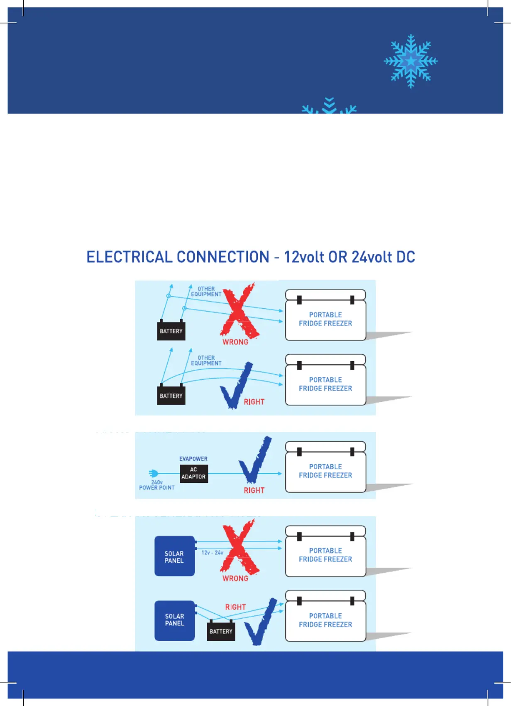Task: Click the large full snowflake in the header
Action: click(x=411, y=61)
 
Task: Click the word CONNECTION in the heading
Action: click(x=223, y=257)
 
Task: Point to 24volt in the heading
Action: click(x=372, y=257)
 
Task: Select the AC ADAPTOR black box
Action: click(x=193, y=473)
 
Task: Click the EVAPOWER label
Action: click(x=193, y=459)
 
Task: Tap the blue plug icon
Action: click(x=153, y=473)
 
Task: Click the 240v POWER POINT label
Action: click(x=157, y=485)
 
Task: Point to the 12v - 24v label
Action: click(x=212, y=553)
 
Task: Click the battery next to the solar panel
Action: click(x=221, y=630)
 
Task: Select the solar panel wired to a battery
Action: click(x=174, y=620)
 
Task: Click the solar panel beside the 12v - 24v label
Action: click(x=174, y=556)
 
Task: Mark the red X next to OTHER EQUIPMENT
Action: click(x=239, y=310)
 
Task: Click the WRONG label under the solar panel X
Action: click(x=235, y=578)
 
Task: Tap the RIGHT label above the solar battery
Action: click(x=235, y=607)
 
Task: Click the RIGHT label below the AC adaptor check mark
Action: click(x=254, y=490)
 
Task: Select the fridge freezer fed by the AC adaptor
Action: click(x=325, y=467)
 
